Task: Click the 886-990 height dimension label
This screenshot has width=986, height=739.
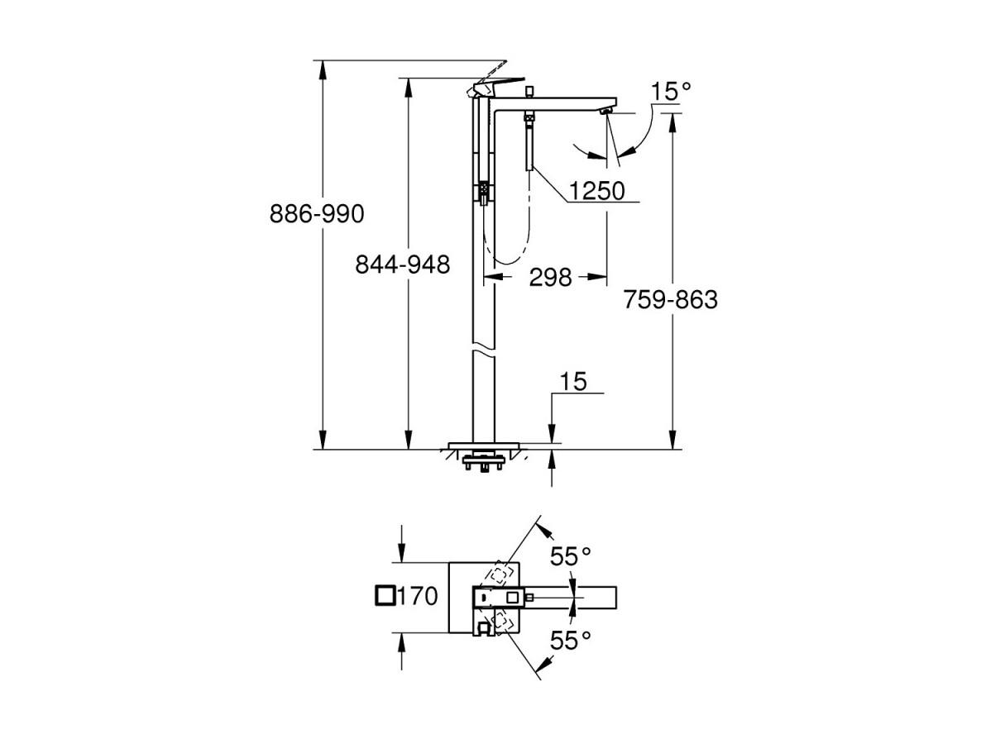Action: click(x=317, y=214)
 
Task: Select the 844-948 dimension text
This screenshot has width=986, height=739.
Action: click(x=403, y=265)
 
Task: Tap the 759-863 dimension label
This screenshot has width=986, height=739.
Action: click(x=670, y=300)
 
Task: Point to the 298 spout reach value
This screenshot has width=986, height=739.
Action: click(x=550, y=276)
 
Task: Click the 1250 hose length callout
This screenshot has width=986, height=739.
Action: click(x=596, y=190)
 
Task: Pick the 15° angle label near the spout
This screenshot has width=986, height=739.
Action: click(x=671, y=91)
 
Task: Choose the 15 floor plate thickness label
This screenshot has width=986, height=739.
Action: click(x=573, y=381)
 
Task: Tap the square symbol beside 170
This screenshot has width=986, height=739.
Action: click(x=385, y=595)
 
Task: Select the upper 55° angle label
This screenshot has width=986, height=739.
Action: click(x=571, y=556)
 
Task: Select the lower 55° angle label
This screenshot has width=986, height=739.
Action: click(x=571, y=641)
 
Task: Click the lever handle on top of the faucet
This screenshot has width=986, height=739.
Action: click(x=498, y=83)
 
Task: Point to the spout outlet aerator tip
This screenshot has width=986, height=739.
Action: click(x=606, y=112)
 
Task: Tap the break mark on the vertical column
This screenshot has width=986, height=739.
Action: click(x=483, y=350)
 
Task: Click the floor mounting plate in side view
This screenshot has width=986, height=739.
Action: click(x=483, y=446)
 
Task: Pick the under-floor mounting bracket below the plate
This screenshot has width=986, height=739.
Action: click(x=483, y=460)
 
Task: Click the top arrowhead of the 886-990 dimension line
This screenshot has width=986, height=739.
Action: click(x=323, y=69)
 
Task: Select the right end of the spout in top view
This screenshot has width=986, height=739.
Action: click(x=616, y=595)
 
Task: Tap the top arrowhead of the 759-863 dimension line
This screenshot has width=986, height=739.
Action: click(x=673, y=122)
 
